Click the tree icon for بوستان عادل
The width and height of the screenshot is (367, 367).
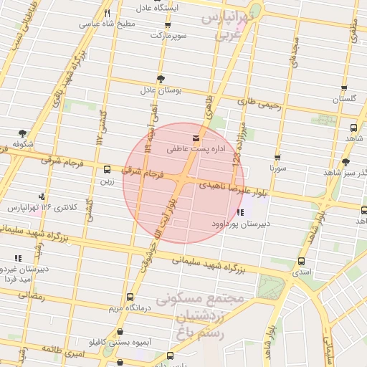tap(160, 79)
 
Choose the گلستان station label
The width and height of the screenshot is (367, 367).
tap(345, 98)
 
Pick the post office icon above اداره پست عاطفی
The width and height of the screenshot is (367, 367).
tap(195, 137)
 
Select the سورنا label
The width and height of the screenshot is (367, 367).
tap(277, 168)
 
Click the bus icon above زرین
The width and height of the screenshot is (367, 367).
tap(107, 170)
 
